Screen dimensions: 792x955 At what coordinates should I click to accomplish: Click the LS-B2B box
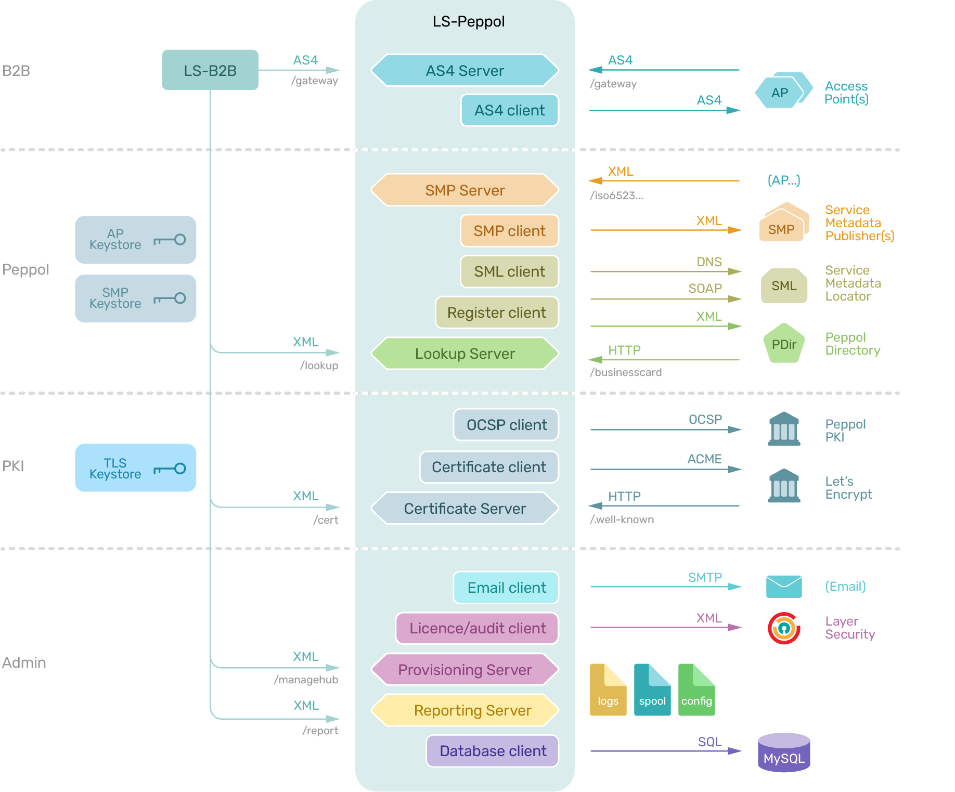tap(210, 70)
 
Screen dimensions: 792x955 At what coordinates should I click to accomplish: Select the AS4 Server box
tap(464, 70)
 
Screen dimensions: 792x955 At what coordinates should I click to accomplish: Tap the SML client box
tap(509, 271)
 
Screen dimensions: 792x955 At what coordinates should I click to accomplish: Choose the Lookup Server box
tap(464, 354)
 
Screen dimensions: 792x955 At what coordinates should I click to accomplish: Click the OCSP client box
tap(506, 425)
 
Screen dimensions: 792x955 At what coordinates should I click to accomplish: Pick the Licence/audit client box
tap(477, 628)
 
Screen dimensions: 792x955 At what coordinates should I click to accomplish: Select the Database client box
tap(492, 751)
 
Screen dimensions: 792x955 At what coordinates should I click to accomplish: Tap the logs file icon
tap(608, 690)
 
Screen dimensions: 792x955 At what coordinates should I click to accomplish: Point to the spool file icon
tap(652, 690)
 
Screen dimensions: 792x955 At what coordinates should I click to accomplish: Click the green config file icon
tap(696, 690)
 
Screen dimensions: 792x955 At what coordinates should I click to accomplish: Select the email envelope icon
tap(784, 587)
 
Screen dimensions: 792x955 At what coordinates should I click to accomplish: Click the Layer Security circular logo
tap(784, 628)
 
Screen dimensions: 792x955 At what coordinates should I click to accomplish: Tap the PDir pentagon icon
tap(784, 344)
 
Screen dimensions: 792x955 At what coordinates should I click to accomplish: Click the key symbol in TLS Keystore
tap(170, 469)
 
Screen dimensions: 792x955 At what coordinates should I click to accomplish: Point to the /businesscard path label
tap(626, 372)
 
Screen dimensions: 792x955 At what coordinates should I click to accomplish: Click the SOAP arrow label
tap(705, 289)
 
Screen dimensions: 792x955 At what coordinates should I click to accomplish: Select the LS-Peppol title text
tap(469, 21)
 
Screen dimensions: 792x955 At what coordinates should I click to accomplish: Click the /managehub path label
tap(306, 680)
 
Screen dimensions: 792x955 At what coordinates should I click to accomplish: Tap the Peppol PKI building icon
tap(784, 429)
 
